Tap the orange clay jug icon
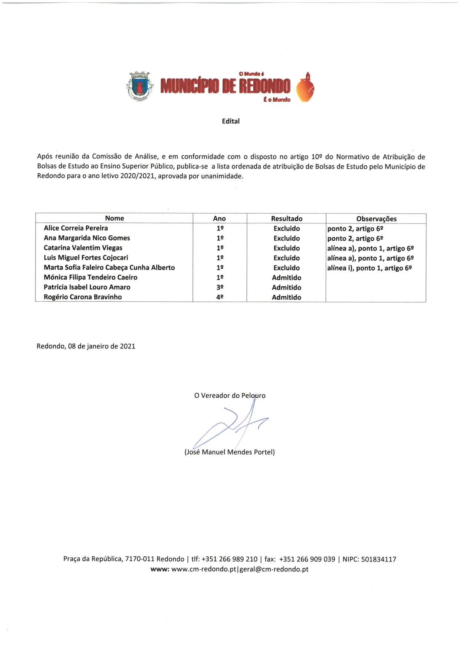[x=305, y=87]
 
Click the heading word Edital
[x=231, y=121]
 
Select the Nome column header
[x=114, y=219]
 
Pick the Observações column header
[x=376, y=219]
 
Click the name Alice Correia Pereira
[x=76, y=228]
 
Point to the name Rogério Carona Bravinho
[x=83, y=297]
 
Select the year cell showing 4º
[x=220, y=297]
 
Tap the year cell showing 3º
[x=220, y=287]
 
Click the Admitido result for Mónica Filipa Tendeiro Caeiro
[x=286, y=278]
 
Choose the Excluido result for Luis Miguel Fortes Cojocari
[x=286, y=258]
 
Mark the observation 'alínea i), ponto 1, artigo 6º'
[x=369, y=268]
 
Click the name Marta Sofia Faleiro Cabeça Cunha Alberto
[x=109, y=268]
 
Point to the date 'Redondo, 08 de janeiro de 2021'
[x=86, y=346]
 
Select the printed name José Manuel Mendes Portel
[x=230, y=452]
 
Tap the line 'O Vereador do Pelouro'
[x=230, y=396]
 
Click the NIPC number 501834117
[x=378, y=559]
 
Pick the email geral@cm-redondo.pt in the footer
[x=274, y=569]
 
